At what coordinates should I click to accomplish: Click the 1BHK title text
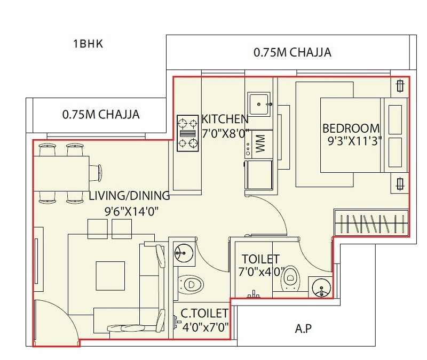[88, 44]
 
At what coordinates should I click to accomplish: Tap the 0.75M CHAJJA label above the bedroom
[292, 52]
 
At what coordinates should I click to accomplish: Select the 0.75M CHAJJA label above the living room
[101, 114]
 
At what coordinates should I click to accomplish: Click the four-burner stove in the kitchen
[187, 133]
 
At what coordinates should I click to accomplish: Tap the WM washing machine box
[259, 144]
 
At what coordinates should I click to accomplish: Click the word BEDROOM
[351, 129]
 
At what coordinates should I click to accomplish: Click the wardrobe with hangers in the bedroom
[371, 221]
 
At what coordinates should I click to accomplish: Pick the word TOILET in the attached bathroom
[260, 259]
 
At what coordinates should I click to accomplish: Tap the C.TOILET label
[204, 313]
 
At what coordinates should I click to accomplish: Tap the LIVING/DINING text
[129, 196]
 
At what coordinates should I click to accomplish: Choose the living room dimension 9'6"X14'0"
[132, 211]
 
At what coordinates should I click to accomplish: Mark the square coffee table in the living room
[110, 275]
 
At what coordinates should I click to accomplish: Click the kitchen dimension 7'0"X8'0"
[225, 133]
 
